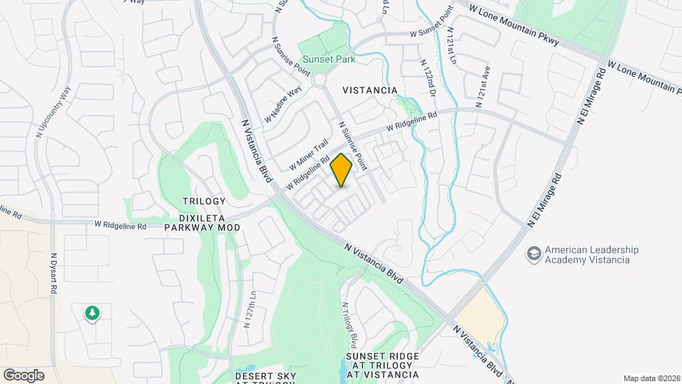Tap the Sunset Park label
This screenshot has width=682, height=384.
328,60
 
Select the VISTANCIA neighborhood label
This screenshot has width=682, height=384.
369,90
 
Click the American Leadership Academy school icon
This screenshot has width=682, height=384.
534,253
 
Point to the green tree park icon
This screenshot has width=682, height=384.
92,313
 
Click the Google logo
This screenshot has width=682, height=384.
23,375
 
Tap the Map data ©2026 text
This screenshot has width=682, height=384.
651,378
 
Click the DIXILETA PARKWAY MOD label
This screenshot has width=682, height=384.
202,222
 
